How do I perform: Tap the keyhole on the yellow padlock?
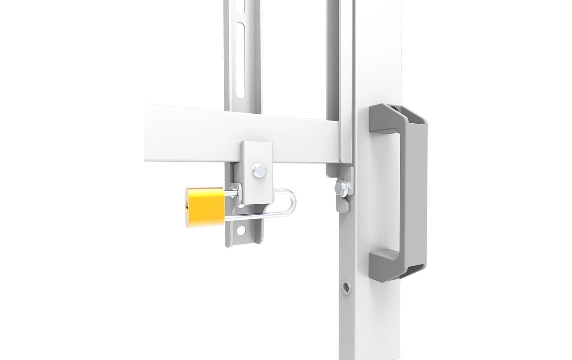coord(187,207)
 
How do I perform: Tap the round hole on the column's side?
coord(346,286)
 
